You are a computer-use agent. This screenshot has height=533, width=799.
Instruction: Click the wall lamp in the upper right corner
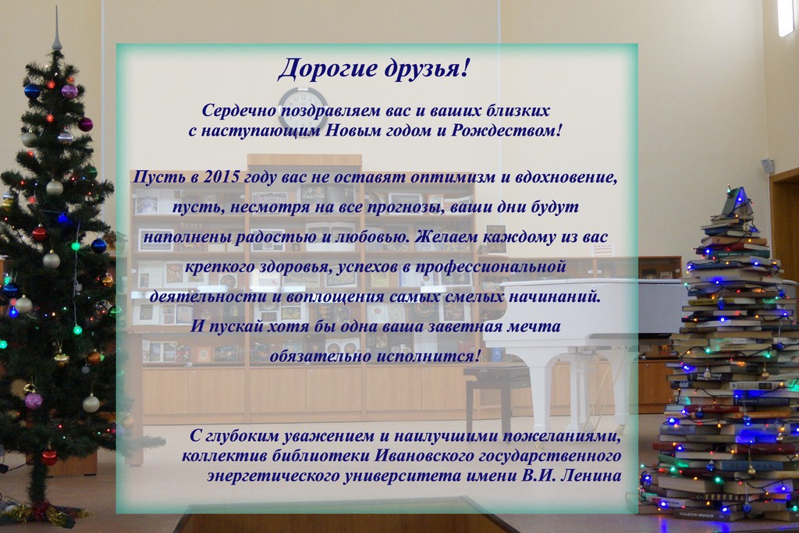coord(785,18)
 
